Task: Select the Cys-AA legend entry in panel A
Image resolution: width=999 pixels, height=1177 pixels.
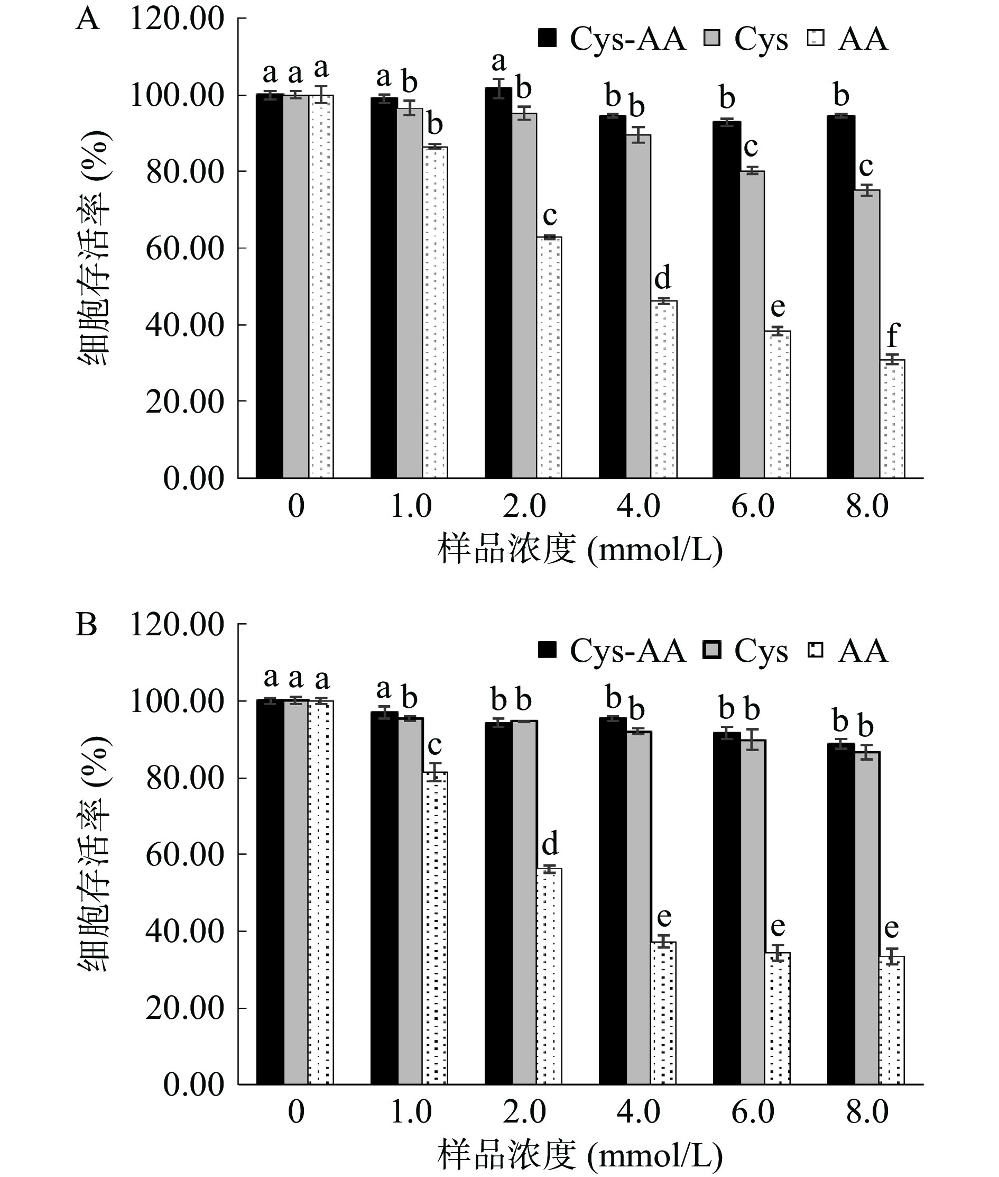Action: [x=612, y=39]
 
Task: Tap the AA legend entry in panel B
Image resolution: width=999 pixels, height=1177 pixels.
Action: [x=847, y=651]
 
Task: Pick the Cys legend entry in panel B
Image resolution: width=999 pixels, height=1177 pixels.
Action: [x=745, y=651]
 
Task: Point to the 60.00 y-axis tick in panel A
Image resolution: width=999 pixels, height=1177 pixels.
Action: [x=184, y=249]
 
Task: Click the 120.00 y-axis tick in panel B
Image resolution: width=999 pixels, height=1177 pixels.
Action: [x=177, y=625]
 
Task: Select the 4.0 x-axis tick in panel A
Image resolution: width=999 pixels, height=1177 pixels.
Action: [x=639, y=506]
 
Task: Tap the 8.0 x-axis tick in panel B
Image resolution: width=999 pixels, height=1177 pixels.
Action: [x=867, y=1112]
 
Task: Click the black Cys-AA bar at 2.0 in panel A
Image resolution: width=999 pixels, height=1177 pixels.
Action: [x=498, y=283]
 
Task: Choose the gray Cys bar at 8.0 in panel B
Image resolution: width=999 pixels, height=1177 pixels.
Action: [x=867, y=918]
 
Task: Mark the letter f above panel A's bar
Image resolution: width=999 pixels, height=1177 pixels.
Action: [x=893, y=335]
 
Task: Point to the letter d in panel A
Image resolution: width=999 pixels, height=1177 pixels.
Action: [x=663, y=278]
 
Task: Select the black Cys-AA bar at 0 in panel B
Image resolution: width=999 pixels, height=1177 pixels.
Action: [x=270, y=892]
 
